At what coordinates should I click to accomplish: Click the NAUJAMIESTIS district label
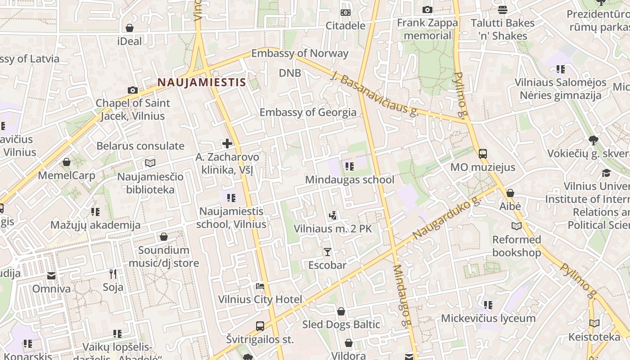pyautogui.click(x=202, y=82)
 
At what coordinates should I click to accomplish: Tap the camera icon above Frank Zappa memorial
pyautogui.click(x=427, y=9)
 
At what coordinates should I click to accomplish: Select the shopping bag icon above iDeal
pyautogui.click(x=130, y=28)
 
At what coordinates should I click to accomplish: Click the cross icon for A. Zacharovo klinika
pyautogui.click(x=227, y=144)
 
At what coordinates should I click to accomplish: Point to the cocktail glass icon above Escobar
pyautogui.click(x=328, y=252)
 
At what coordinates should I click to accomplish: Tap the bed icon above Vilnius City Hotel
pyautogui.click(x=260, y=286)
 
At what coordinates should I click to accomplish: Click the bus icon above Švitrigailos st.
pyautogui.click(x=260, y=326)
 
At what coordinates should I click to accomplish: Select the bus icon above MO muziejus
pyautogui.click(x=483, y=153)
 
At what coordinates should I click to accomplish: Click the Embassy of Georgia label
pyautogui.click(x=308, y=112)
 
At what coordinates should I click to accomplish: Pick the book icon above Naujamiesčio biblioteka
pyautogui.click(x=150, y=163)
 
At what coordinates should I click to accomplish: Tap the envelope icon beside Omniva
pyautogui.click(x=51, y=275)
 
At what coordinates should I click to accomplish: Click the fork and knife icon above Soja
pyautogui.click(x=113, y=274)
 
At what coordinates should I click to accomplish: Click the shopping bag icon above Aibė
pyautogui.click(x=510, y=193)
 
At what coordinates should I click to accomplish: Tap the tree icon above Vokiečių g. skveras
pyautogui.click(x=594, y=140)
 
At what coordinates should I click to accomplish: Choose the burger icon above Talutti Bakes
pyautogui.click(x=503, y=9)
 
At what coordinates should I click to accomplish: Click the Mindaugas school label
pyautogui.click(x=350, y=180)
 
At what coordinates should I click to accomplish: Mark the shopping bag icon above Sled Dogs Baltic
pyautogui.click(x=341, y=311)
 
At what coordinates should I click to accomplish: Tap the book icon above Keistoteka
pyautogui.click(x=594, y=323)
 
